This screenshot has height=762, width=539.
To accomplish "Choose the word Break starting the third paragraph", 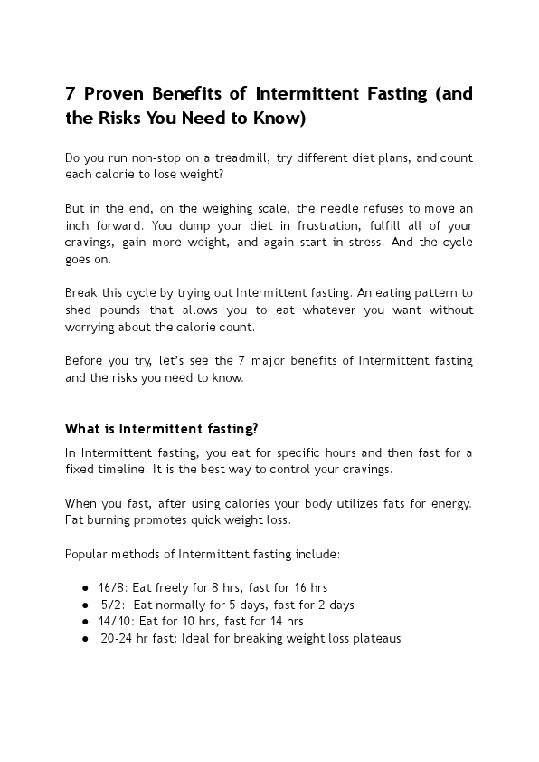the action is point(81,292).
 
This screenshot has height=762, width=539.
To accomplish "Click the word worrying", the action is point(90,327).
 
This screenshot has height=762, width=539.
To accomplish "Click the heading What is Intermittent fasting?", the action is point(161,428).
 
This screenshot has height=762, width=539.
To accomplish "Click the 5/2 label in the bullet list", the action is point(112,605).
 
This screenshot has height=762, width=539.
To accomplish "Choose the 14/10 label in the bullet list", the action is point(115,621).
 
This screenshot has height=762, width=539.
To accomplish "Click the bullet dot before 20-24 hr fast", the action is point(84,638).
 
